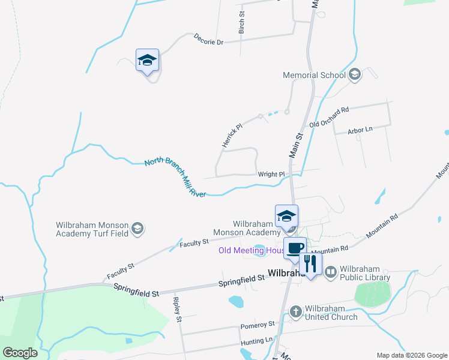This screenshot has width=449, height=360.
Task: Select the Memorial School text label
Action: point(315,75)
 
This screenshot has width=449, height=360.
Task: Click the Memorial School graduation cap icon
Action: point(354,74)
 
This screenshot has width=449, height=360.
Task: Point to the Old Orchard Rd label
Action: point(329,117)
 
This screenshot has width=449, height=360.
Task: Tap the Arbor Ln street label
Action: point(360,130)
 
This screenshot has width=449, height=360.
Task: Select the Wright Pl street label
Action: point(271,175)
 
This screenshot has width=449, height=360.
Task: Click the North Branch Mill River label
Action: point(175,178)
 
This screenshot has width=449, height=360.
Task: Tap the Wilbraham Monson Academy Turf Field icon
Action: point(137,228)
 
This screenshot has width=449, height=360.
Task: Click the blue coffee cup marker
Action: point(295,248)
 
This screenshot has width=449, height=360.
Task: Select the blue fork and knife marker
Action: point(310,263)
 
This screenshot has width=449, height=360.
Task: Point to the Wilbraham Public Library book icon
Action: point(330,272)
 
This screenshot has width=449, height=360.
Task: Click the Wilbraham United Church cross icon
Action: point(295,311)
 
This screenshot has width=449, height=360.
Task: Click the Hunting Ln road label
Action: point(256,340)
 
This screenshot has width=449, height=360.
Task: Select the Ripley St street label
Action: point(177,310)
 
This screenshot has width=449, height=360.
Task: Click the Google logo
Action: point(20,353)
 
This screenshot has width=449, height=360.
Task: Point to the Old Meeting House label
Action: point(251,250)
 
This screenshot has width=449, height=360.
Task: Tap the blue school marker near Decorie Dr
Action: point(147,60)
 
